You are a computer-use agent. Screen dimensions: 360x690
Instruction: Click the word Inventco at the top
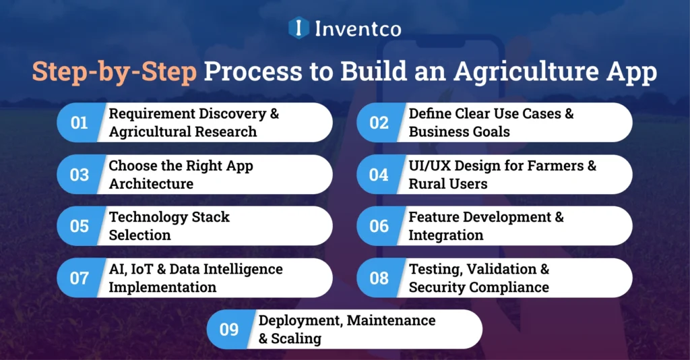coord(356,28)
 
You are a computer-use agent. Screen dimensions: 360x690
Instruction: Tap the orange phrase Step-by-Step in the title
coord(114,72)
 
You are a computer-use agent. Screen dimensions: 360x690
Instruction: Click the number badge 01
coord(80,123)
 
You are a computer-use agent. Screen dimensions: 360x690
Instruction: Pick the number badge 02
coord(379,123)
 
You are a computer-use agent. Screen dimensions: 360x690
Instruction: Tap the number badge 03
coord(80,175)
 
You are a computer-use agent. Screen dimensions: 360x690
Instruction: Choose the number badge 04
coord(379,175)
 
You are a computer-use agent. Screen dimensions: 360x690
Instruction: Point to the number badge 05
coord(80,226)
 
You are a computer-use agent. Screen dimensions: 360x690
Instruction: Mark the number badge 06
coord(379,226)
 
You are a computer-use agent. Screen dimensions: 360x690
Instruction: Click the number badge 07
coord(80,278)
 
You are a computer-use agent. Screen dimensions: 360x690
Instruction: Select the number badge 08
coord(379,278)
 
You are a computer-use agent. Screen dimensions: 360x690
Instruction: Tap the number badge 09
coord(229,329)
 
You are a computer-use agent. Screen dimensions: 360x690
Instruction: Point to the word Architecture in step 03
coord(151,183)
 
